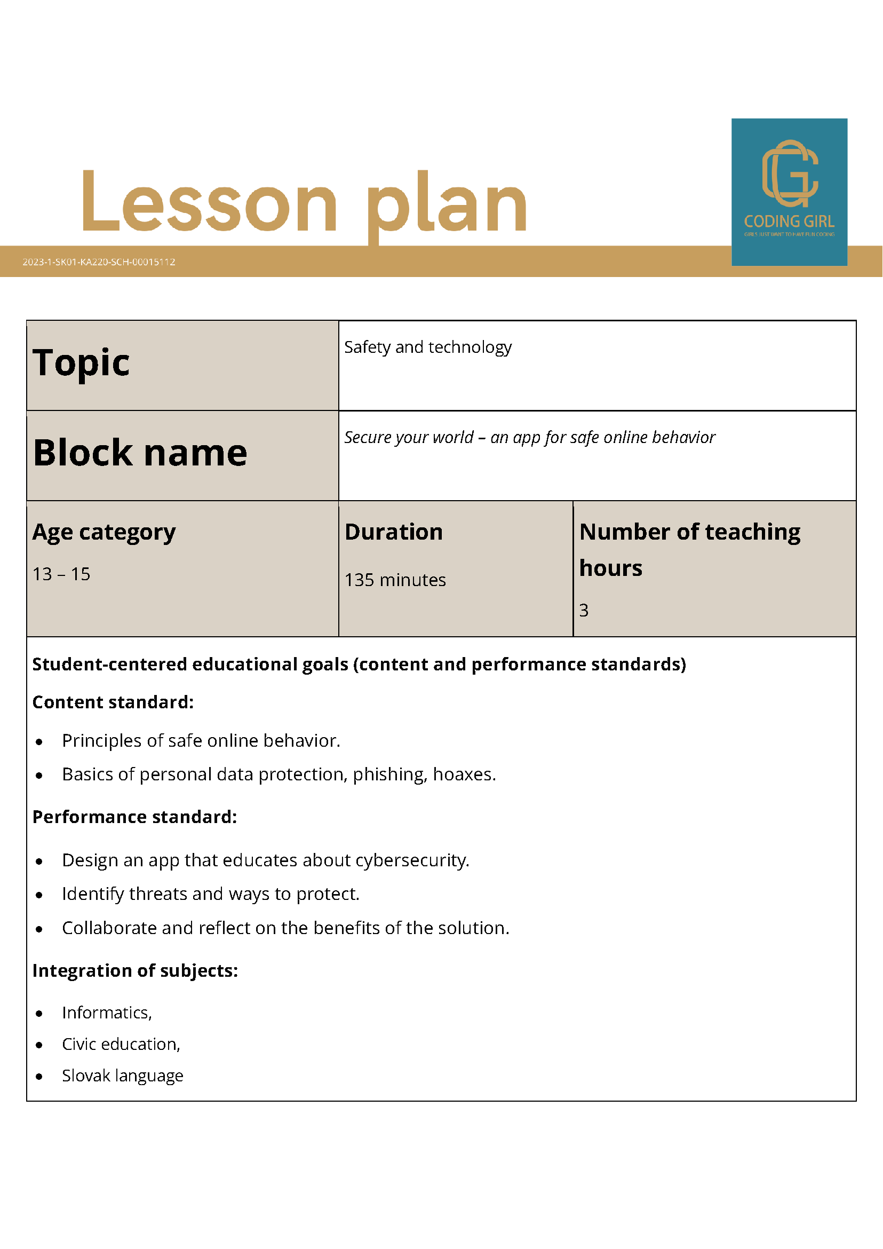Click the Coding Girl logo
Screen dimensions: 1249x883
coord(789,192)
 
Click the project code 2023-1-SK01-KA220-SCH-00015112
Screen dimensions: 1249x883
coord(98,262)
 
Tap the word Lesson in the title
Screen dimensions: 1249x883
coord(209,203)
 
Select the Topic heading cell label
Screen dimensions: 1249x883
coord(81,363)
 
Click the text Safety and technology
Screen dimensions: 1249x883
coord(428,347)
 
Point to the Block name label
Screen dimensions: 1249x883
coord(140,453)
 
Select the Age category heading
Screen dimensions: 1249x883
coord(104,532)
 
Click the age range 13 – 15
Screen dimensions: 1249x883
coord(61,574)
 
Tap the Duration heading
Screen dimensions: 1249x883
coord(394,532)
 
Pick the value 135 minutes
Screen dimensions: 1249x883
coord(395,580)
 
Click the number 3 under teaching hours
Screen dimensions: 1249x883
coord(583,611)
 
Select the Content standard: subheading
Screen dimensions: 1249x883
coord(113,702)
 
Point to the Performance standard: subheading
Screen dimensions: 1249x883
coord(135,817)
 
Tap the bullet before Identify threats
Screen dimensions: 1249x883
coord(39,895)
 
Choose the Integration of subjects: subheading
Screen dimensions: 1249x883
coord(136,970)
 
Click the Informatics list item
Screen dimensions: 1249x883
coord(107,1013)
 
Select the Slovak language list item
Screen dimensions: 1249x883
coord(122,1076)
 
